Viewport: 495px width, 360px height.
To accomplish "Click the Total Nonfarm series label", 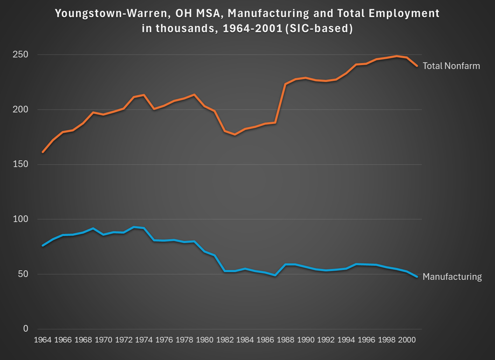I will coord(451,66).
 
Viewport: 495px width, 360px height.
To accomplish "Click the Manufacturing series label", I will coord(452,277).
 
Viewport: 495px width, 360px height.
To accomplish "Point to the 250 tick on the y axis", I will coord(20,55).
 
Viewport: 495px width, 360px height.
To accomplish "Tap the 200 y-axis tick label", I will coord(20,110).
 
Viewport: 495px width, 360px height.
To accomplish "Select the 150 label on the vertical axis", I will coord(20,164).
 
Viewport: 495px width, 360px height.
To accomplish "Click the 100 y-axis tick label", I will coord(20,219).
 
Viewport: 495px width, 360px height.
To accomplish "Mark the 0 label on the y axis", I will coord(26,328).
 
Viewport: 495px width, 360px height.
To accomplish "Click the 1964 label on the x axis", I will coord(43,340).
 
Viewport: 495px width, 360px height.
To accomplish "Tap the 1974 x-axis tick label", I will coord(144,340).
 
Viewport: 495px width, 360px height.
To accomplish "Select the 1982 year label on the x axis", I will coord(225,340).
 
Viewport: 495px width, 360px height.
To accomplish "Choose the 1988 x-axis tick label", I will coord(285,340).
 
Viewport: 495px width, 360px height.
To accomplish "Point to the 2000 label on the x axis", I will coord(407,340).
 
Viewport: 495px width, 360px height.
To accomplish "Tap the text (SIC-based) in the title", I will coord(319,28).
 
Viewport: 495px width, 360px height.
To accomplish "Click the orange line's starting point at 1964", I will coord(43,152).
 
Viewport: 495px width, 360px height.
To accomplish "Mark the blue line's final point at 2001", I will coord(417,277).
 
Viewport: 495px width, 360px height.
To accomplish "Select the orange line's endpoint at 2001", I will coord(417,65).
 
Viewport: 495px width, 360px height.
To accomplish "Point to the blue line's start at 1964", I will coord(43,245).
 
